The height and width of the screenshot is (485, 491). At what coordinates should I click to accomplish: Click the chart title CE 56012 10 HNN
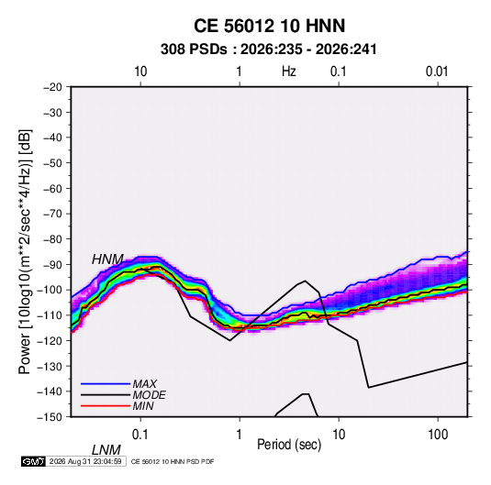pyautogui.click(x=269, y=26)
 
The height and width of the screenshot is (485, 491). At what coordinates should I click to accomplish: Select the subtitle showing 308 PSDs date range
pyautogui.click(x=268, y=50)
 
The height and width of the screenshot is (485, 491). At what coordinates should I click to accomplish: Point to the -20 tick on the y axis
pyautogui.click(x=52, y=87)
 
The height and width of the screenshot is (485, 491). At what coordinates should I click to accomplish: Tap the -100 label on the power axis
pyautogui.click(x=50, y=290)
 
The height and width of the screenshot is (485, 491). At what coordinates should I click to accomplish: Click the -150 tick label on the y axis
pyautogui.click(x=50, y=417)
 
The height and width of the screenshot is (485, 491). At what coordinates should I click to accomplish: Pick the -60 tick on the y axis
pyautogui.click(x=52, y=188)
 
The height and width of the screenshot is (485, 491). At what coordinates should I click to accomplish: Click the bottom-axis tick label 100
pyautogui.click(x=438, y=435)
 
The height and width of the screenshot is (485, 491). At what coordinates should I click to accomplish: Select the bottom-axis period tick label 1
pyautogui.click(x=240, y=435)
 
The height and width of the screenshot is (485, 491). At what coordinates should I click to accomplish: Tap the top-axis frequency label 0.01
pyautogui.click(x=437, y=72)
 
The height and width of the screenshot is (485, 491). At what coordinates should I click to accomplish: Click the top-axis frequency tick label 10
pyautogui.click(x=140, y=72)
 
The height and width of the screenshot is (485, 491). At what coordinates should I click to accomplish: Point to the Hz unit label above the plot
pyautogui.click(x=289, y=72)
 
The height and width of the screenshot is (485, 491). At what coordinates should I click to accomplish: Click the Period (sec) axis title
pyautogui.click(x=289, y=445)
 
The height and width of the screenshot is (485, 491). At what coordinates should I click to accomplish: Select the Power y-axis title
pyautogui.click(x=25, y=251)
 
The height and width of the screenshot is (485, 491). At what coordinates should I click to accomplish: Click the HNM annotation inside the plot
pyautogui.click(x=107, y=259)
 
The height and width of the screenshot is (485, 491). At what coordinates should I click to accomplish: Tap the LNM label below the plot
pyautogui.click(x=106, y=450)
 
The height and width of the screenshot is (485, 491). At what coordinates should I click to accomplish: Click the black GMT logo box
pyautogui.click(x=34, y=461)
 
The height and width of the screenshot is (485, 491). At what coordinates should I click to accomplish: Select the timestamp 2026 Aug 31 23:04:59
pyautogui.click(x=85, y=461)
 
